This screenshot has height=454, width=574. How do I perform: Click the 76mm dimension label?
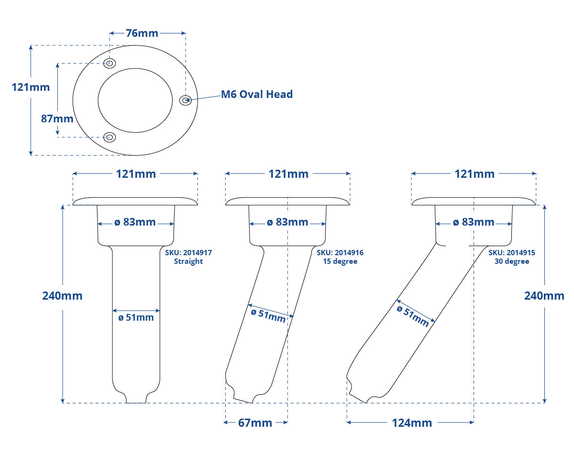142,33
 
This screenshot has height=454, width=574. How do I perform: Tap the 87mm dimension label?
57,119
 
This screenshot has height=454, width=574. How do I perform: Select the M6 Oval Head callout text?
257,94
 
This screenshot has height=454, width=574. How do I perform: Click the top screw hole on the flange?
110,64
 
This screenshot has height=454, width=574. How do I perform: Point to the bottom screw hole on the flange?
110,137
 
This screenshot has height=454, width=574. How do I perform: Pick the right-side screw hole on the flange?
186,100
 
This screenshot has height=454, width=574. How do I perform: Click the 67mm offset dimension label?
255,423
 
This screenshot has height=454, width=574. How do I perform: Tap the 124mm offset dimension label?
412,423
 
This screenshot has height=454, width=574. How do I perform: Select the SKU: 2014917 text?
188,252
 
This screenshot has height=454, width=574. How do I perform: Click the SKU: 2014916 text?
340,252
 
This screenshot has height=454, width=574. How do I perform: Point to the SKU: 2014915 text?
512,252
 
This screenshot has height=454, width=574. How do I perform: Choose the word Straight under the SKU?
188,261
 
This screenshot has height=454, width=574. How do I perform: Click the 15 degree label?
340,261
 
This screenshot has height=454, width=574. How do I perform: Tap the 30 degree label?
512,261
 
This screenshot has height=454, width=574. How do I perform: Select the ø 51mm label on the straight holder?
136,317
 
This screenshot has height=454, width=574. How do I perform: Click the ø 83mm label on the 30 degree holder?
474,222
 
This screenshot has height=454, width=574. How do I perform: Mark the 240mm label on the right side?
544,296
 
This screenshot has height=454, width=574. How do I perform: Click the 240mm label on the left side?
62,296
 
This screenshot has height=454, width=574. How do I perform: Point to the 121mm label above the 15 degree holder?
288,174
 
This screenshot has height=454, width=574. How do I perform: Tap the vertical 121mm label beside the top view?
31,87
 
